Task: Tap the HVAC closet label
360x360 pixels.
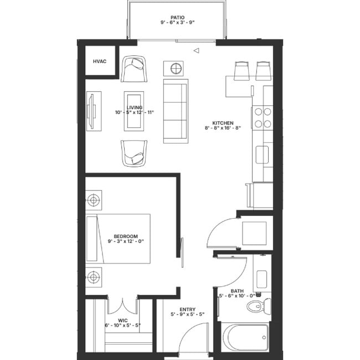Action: click(100, 61)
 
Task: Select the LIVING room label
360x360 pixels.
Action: click(134, 107)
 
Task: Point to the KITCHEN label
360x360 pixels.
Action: click(223, 123)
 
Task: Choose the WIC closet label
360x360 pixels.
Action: click(123, 320)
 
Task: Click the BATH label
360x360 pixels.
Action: click(236, 291)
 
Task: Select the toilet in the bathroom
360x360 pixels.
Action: click(258, 305)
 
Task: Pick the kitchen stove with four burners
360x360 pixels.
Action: click(262, 117)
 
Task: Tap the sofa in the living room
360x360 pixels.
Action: click(176, 111)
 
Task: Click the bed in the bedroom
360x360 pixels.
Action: click(119, 238)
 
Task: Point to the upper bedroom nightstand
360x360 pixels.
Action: click(93, 199)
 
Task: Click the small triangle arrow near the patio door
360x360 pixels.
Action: click(196, 51)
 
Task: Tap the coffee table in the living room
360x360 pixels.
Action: click(133, 111)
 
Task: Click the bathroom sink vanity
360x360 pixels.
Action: click(261, 274)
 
